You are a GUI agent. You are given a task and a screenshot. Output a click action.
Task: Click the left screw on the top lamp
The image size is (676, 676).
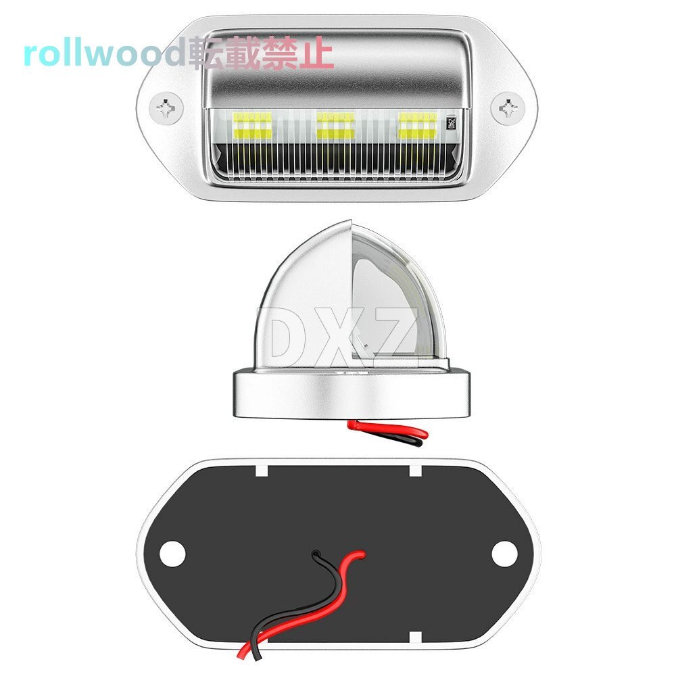tap(166, 107)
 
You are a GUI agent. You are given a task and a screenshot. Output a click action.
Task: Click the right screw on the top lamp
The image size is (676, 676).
tap(509, 107)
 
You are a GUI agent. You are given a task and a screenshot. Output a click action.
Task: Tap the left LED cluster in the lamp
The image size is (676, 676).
tap(252, 126)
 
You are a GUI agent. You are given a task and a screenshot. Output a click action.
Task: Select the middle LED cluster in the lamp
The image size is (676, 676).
tap(336, 126)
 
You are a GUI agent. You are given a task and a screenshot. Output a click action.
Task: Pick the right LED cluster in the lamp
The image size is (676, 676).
tap(418, 126)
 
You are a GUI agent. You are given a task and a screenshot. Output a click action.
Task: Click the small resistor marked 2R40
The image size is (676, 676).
tap(451, 124)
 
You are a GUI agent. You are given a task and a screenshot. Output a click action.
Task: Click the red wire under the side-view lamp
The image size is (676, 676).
tap(387, 430)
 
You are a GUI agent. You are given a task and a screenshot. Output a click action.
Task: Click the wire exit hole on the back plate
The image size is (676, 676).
tap(316, 553)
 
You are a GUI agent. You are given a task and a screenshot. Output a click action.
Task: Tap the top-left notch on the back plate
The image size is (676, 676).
tap(262, 470)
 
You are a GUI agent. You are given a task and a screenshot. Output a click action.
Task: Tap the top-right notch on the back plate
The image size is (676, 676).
tap(415, 470)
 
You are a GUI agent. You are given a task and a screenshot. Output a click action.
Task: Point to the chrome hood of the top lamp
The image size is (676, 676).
tap(336, 69)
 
